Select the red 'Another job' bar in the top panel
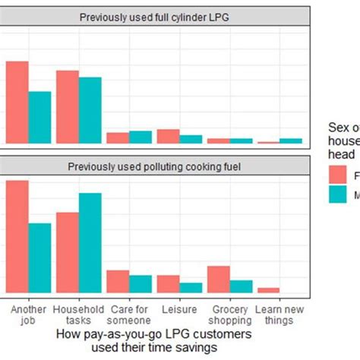[x=17, y=103]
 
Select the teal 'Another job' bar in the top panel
[x=39, y=118]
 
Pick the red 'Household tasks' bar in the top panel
[x=68, y=107]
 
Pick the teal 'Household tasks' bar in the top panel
[x=90, y=110]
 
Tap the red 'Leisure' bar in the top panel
[x=168, y=137]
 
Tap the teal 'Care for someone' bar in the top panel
[x=140, y=137]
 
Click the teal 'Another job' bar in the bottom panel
[x=39, y=258]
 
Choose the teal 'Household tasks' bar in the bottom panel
[x=90, y=243]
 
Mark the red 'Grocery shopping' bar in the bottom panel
[x=219, y=279]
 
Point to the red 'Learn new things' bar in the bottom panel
[x=269, y=290]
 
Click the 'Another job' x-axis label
[x=29, y=314]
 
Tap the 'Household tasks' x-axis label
[x=79, y=314]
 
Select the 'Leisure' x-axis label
[x=179, y=310]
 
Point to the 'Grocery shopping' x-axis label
[x=229, y=314]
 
